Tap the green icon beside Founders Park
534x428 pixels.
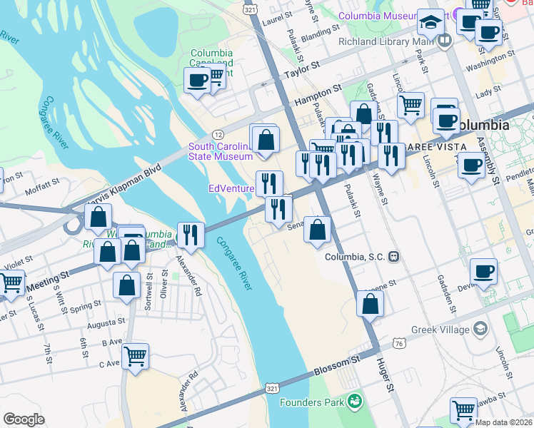[355, 402]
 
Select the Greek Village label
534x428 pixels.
[440, 330]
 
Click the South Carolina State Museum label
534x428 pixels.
[221, 151]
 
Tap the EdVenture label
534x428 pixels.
[230, 188]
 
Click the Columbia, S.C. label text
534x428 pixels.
[356, 257]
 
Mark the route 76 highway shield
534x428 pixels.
[398, 343]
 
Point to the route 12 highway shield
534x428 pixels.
[218, 135]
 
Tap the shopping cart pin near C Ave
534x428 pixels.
[135, 355]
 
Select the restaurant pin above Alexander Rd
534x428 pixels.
[191, 233]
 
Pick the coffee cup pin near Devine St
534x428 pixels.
[483, 272]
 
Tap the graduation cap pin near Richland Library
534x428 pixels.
[431, 24]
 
